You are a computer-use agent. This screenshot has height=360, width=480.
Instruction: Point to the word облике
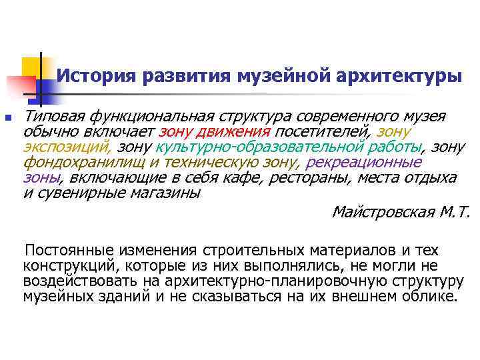pyautogui.click(x=433, y=297)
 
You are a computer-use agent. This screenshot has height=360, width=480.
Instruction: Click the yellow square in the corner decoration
pyautogui.click(x=30, y=67)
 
